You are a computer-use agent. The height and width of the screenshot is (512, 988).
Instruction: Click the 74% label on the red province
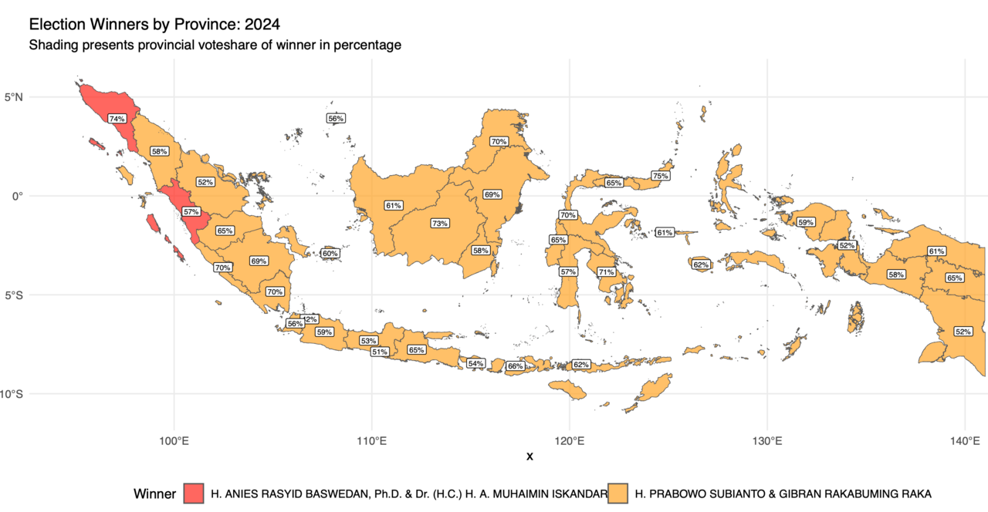(x=117, y=119)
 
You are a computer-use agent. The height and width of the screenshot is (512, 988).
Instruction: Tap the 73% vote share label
(x=440, y=223)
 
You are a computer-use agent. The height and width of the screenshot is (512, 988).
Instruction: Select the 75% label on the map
(x=660, y=176)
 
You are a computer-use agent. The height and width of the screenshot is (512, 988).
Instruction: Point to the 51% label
(x=379, y=352)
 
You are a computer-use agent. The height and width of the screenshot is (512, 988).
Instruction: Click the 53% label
(x=368, y=340)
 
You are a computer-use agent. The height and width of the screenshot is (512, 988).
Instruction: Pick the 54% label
(x=475, y=363)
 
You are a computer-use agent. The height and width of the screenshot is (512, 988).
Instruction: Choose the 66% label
(x=515, y=366)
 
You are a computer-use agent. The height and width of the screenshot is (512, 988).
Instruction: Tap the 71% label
(x=605, y=272)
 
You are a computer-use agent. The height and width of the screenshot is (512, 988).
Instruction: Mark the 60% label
(x=330, y=253)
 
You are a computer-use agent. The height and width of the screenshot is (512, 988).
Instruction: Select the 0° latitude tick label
(x=19, y=196)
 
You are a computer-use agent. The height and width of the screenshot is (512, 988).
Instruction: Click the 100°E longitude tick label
(x=174, y=441)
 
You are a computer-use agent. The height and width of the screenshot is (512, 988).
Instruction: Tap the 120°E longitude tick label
(x=570, y=441)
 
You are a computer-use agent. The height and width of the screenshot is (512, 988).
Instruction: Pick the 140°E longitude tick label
(x=965, y=441)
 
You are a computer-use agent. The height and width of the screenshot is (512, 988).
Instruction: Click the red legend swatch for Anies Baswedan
(x=194, y=493)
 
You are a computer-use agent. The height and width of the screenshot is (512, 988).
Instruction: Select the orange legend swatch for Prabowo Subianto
(x=618, y=493)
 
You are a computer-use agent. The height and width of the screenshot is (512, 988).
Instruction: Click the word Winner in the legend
(x=155, y=493)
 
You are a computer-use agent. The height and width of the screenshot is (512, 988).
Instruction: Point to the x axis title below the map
(x=530, y=456)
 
